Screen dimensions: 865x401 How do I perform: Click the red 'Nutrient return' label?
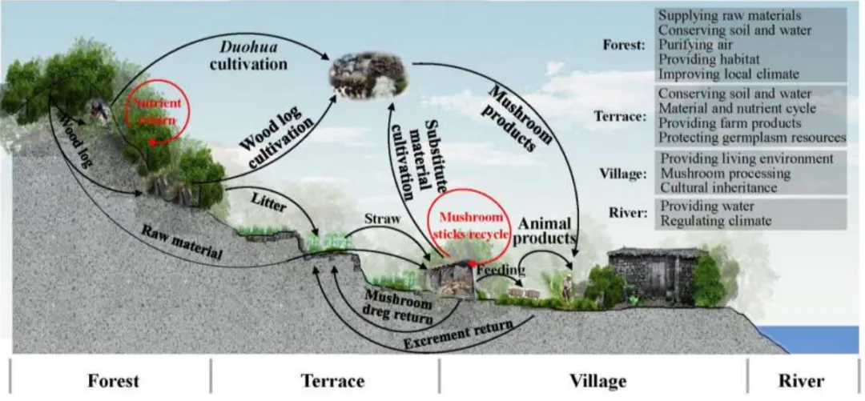click(157, 110)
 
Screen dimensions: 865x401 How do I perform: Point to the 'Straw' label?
click(382, 218)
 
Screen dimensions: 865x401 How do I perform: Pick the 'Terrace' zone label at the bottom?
click(333, 380)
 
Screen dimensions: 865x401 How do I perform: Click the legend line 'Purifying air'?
click(694, 46)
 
